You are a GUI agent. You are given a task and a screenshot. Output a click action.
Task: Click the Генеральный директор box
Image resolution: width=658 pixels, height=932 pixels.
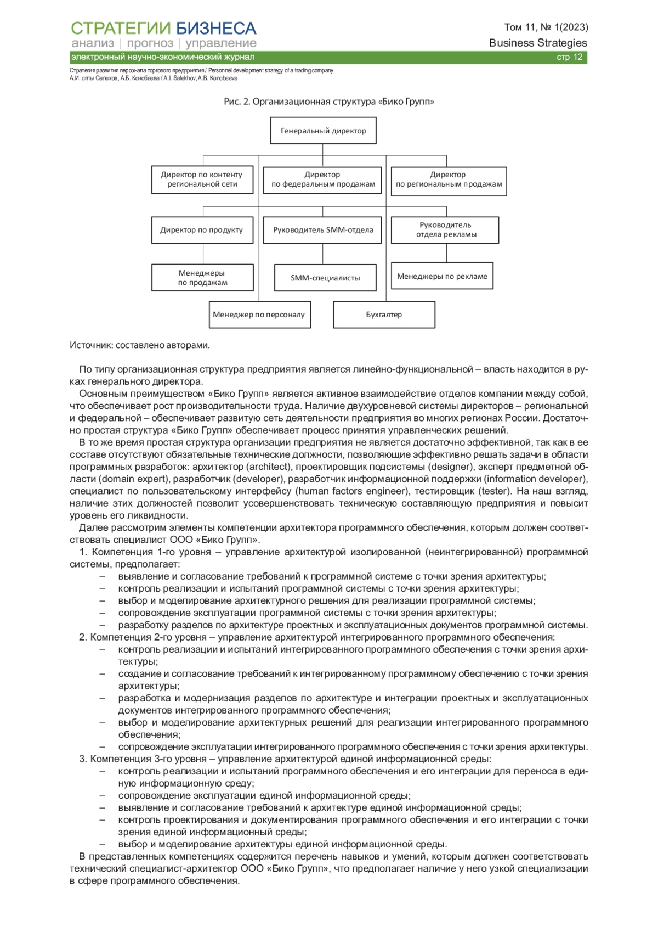(323, 131)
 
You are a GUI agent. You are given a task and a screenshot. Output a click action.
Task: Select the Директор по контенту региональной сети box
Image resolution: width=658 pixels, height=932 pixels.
(202, 179)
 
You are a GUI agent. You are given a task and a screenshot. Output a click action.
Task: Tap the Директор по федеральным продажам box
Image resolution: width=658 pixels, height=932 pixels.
(323, 179)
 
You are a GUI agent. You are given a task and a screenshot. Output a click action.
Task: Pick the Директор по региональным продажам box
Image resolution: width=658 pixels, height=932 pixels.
(449, 181)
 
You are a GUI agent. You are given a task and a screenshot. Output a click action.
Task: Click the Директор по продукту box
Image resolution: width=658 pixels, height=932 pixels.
(202, 230)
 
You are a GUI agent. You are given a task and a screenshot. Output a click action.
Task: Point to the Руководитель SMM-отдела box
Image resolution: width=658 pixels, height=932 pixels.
(323, 230)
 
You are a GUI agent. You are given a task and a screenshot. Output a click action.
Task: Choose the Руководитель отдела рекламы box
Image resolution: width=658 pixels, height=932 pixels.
(445, 230)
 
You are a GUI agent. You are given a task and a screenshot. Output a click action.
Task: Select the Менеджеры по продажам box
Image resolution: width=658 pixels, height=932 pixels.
(202, 278)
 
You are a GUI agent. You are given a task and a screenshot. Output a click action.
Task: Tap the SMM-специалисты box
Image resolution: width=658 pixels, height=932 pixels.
(325, 278)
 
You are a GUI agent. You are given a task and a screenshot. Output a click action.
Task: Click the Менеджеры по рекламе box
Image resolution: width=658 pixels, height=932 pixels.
(442, 276)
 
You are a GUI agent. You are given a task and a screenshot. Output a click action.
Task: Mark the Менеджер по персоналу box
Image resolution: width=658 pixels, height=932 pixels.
(259, 315)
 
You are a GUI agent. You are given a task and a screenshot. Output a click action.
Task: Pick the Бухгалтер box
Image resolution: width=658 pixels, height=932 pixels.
(384, 315)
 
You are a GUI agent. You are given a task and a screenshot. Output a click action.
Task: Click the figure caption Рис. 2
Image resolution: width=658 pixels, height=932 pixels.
(329, 102)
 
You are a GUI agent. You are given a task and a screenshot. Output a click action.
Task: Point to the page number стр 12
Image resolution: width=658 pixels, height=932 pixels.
(570, 57)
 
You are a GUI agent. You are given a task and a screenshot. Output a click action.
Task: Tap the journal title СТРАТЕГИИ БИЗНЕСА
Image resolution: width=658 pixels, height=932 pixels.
(163, 28)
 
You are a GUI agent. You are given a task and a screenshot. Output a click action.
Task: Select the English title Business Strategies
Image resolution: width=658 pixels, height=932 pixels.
(538, 43)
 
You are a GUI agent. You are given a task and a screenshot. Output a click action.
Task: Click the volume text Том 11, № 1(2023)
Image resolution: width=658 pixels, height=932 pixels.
(546, 27)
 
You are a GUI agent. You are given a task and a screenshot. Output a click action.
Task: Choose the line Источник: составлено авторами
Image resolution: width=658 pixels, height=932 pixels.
(140, 345)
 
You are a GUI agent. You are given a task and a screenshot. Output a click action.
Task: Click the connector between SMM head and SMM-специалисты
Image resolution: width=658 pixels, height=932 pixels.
(323, 254)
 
